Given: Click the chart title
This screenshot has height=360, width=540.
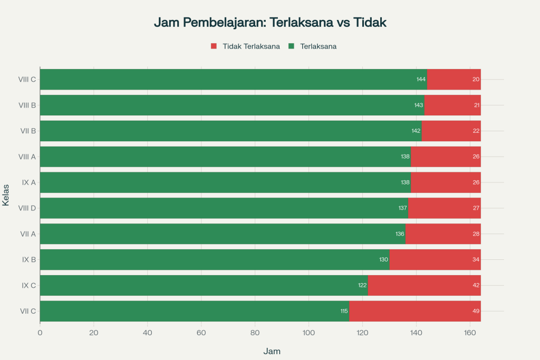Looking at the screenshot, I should [x=270, y=22].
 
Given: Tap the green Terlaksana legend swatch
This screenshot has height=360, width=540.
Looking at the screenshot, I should [x=291, y=46].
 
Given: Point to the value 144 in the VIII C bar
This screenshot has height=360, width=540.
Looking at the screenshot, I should [x=421, y=79].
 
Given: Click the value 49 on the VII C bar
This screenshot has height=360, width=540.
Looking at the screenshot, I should [x=476, y=311].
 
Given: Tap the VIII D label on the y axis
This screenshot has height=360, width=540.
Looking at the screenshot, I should [x=27, y=208].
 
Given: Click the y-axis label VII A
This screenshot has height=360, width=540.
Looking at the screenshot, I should [x=27, y=233].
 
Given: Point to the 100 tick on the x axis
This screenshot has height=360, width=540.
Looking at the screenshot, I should [x=308, y=333].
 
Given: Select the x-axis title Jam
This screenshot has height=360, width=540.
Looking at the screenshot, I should [x=272, y=351].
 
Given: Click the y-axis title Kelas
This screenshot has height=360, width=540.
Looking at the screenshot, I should [x=6, y=195].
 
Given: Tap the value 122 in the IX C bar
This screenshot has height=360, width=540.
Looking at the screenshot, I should [x=362, y=285].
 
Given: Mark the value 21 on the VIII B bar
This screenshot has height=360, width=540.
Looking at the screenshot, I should [x=477, y=105].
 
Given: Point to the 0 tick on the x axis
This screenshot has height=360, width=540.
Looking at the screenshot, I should [x=40, y=333].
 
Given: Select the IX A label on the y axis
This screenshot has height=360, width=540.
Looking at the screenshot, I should [x=28, y=182].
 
